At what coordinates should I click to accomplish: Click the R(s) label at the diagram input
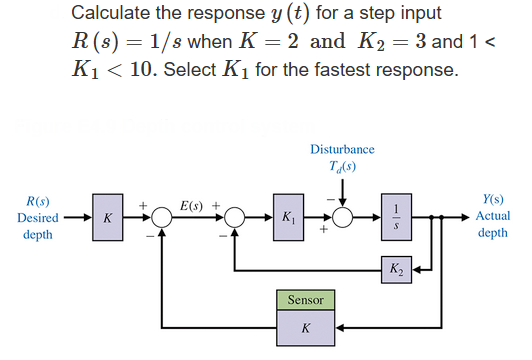pos(37,201)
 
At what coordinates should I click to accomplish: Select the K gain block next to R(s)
pos(107,217)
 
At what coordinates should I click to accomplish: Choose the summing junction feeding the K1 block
pos(235,217)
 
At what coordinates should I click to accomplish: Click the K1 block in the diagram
pos(289,217)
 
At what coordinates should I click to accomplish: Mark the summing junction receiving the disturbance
pos(343,217)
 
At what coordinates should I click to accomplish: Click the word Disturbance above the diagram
pos(342,149)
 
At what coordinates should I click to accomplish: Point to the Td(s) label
pos(342,166)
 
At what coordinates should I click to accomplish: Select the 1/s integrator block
pos(397,217)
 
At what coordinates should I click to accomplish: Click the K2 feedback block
pos(398,269)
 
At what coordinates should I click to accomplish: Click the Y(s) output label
pos(492,201)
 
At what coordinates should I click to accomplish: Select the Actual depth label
pos(492,224)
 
